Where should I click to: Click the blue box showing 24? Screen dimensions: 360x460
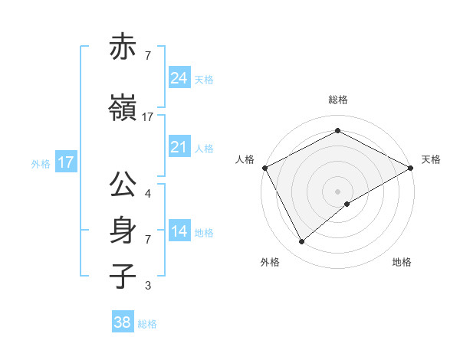pyautogui.click(x=179, y=78)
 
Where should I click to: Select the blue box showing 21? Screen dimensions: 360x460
pyautogui.click(x=179, y=147)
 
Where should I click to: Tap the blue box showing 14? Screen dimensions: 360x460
pyautogui.click(x=179, y=232)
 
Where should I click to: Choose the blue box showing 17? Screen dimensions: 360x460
pyautogui.click(x=65, y=162)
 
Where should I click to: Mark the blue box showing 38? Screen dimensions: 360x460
pyautogui.click(x=122, y=322)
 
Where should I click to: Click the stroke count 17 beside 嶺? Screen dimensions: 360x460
pyautogui.click(x=148, y=117)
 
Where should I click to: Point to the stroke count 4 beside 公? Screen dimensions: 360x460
pyautogui.click(x=147, y=193)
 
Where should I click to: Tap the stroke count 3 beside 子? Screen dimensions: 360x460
pyautogui.click(x=147, y=286)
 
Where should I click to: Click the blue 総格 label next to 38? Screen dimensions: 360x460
pyautogui.click(x=147, y=324)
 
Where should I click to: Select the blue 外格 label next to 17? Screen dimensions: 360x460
pyautogui.click(x=40, y=163)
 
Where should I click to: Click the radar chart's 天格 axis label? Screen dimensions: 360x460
pyautogui.click(x=431, y=159)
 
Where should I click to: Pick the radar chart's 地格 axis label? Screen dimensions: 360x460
pyautogui.click(x=402, y=262)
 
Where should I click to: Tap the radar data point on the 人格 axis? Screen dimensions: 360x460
pyautogui.click(x=264, y=167)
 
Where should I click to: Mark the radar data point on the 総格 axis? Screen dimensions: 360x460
pyautogui.click(x=337, y=131)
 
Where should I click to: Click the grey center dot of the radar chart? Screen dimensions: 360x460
pyautogui.click(x=337, y=191)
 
